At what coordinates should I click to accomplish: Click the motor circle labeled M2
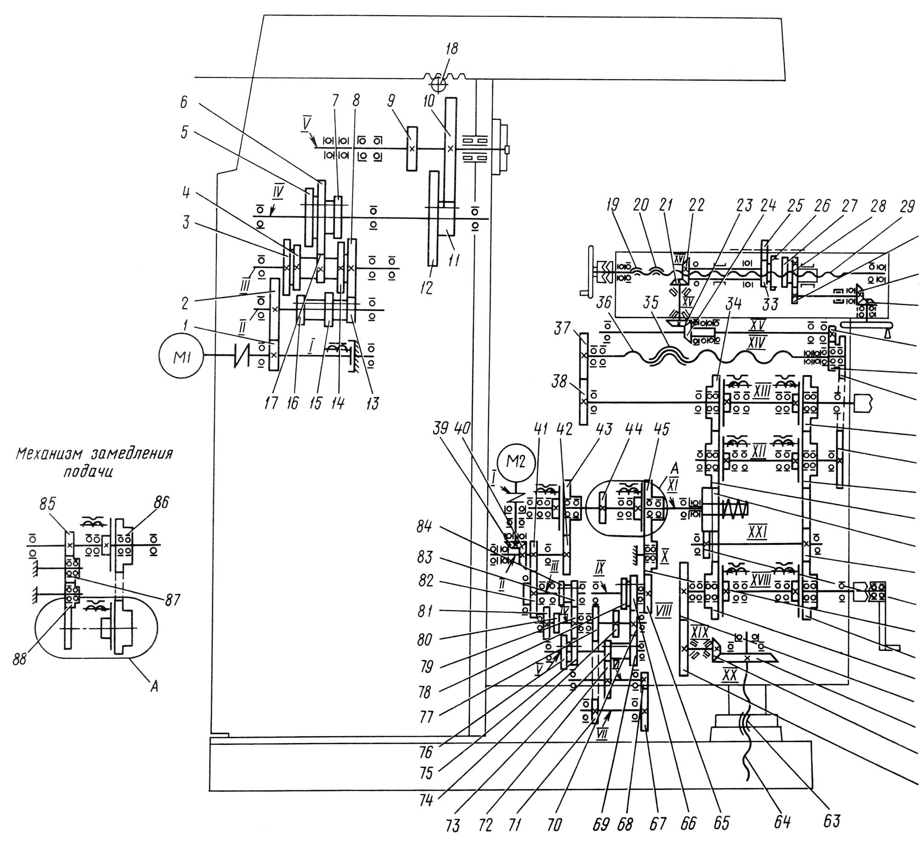click(x=516, y=461)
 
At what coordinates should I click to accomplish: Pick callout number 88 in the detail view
click(x=20, y=658)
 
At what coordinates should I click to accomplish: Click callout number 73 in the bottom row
click(x=452, y=826)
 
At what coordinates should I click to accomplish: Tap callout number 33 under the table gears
click(x=770, y=304)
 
